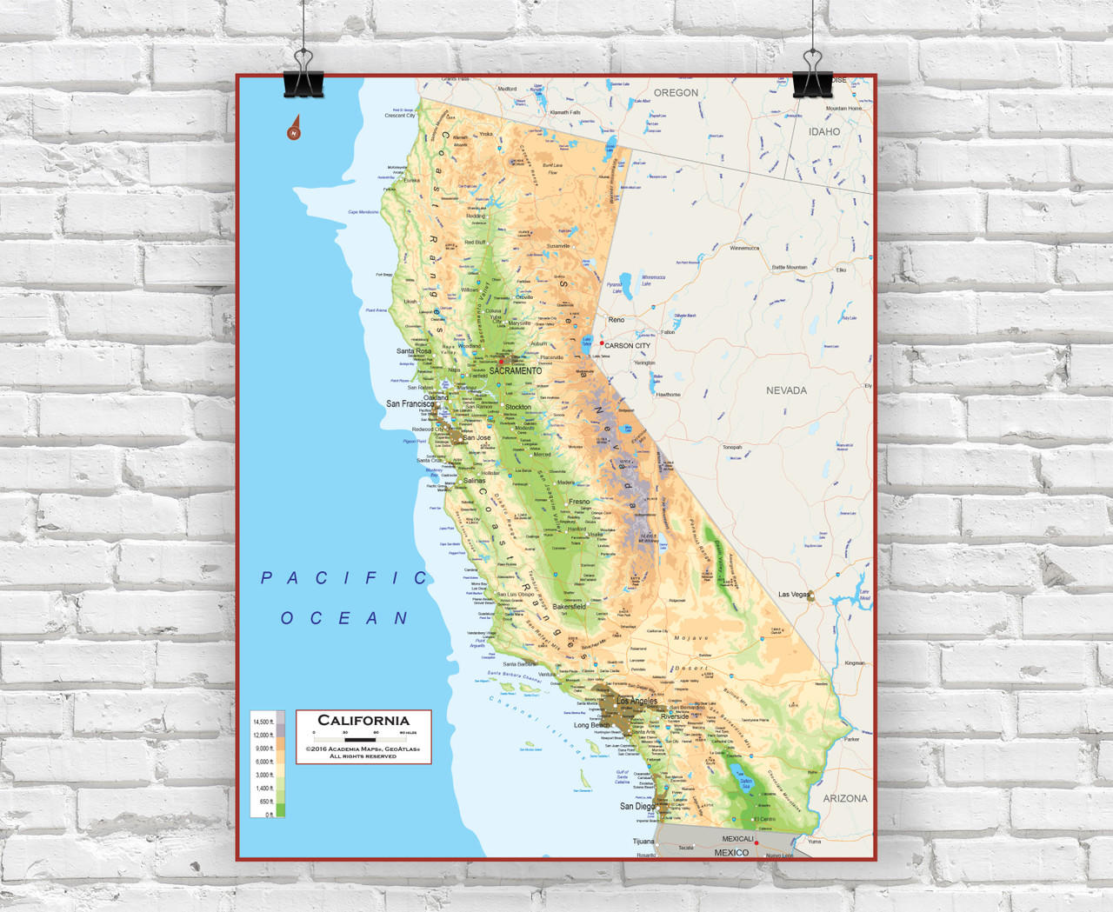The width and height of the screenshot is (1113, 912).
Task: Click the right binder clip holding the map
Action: click(813, 76)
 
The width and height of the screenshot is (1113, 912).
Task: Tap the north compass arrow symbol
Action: click(294, 129)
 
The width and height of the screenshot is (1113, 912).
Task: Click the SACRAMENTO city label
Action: click(515, 371)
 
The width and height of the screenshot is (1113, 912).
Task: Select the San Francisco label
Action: click(410, 404)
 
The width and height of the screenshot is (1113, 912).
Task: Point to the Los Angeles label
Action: click(636, 701)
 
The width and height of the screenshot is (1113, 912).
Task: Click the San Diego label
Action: click(637, 806)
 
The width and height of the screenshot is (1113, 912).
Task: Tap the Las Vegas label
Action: click(793, 595)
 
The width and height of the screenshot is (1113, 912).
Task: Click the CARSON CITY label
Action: click(627, 346)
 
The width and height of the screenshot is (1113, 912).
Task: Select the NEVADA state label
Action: click(786, 391)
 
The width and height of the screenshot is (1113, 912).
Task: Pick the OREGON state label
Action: click(676, 93)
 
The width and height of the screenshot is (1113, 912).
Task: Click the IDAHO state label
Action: click(824, 132)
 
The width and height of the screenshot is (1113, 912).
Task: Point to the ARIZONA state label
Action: click(845, 798)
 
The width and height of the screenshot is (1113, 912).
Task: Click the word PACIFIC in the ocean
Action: click(344, 578)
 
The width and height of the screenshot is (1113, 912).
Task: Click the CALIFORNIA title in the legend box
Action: click(363, 720)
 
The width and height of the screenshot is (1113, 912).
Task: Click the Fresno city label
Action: click(579, 502)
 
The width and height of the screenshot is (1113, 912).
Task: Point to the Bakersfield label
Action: click(570, 607)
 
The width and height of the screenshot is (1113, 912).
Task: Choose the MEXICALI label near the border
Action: click(737, 839)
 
